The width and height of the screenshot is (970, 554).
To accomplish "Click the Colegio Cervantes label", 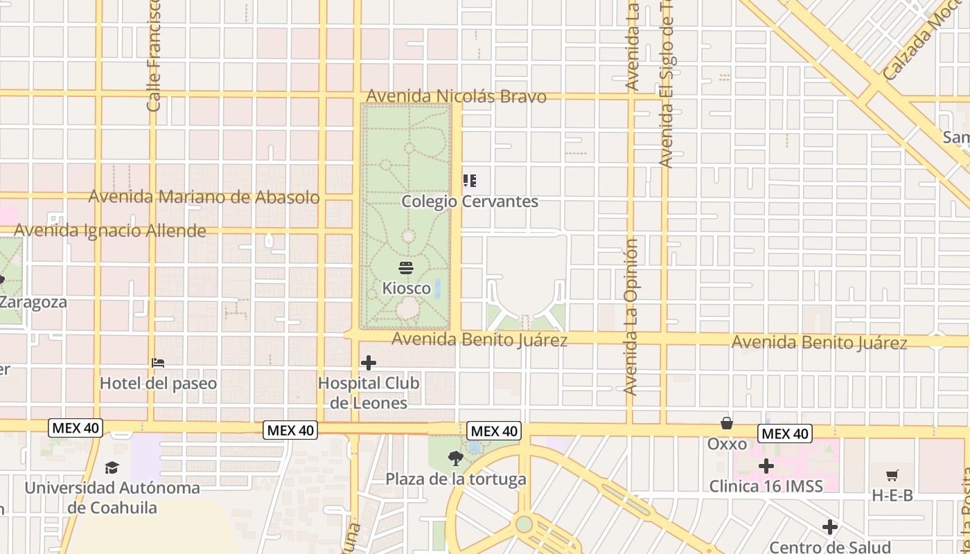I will pyautogui.click(x=470, y=202).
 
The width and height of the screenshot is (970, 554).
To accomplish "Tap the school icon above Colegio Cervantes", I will pyautogui.click(x=470, y=181).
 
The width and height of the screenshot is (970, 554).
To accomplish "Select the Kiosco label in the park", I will pyautogui.click(x=407, y=288).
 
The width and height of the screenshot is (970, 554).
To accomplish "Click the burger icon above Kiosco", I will pyautogui.click(x=407, y=268).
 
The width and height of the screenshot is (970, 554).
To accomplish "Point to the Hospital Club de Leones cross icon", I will pyautogui.click(x=369, y=363).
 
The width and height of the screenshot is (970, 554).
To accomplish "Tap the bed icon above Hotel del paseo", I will pyautogui.click(x=158, y=363).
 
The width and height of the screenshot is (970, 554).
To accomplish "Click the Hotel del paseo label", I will pyautogui.click(x=158, y=383).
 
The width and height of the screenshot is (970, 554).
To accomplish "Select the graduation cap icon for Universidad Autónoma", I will pyautogui.click(x=112, y=468).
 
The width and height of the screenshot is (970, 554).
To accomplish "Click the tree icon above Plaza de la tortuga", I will pyautogui.click(x=455, y=458).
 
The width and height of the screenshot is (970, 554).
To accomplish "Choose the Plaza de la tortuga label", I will pyautogui.click(x=456, y=479).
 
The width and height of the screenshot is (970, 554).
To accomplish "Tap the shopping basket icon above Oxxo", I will pyautogui.click(x=727, y=423).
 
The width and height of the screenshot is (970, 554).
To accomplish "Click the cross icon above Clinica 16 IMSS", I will pyautogui.click(x=766, y=466).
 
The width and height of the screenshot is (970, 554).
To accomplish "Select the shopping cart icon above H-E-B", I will pyautogui.click(x=892, y=475).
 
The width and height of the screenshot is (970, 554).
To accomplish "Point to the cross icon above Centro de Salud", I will pyautogui.click(x=830, y=528).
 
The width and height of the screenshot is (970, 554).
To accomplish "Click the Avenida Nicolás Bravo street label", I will pyautogui.click(x=457, y=96).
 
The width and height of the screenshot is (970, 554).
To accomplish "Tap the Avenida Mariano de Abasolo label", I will pyautogui.click(x=204, y=197).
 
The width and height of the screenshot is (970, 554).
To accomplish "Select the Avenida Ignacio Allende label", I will pyautogui.click(x=110, y=231).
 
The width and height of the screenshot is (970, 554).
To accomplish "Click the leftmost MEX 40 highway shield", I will pyautogui.click(x=76, y=428).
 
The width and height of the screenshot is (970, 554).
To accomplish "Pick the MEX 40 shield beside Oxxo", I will pyautogui.click(x=784, y=434).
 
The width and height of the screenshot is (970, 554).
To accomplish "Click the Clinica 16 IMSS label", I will pyautogui.click(x=766, y=486).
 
